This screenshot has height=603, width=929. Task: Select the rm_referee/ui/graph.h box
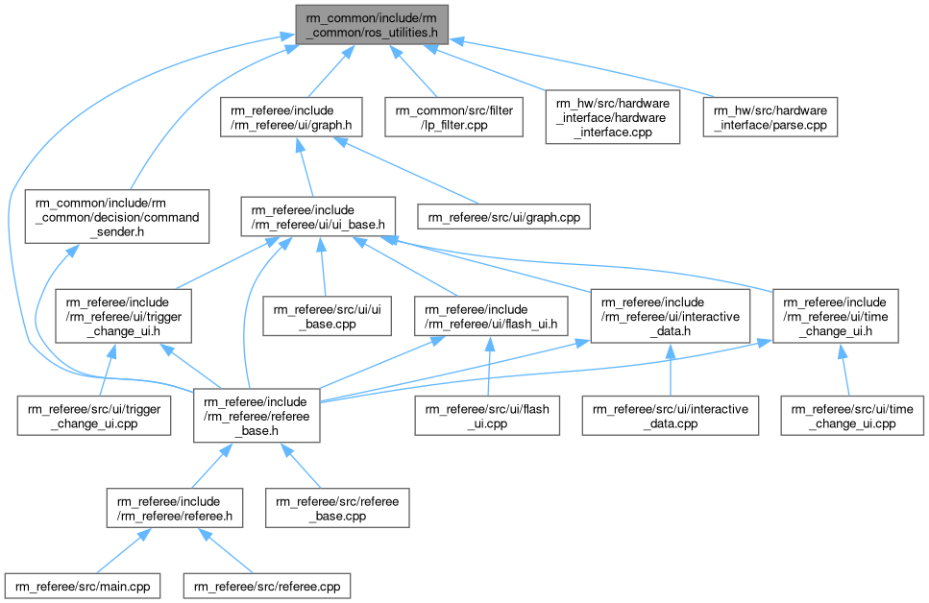coord(289,118)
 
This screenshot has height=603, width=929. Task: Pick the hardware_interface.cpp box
coord(612,117)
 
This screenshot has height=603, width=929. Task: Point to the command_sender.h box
coord(117,218)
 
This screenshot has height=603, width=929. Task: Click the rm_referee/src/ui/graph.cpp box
coord(504,218)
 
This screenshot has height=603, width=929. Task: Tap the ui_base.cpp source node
coord(328,318)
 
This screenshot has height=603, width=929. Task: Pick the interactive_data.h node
coord(670,318)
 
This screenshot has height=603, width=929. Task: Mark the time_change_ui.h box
coord(836,318)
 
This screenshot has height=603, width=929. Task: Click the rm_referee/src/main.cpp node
coord(82,585)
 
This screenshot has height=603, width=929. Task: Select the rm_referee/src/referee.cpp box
coord(267,585)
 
